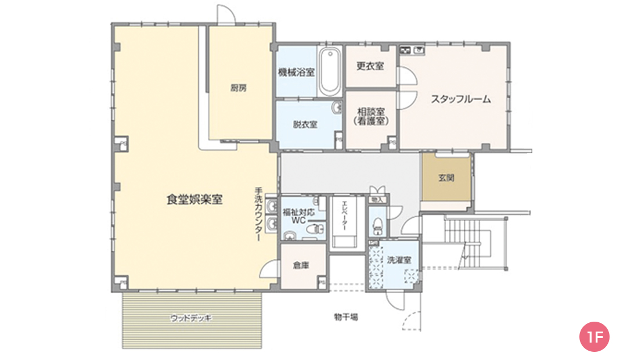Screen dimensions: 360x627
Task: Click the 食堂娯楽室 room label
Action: [195, 200]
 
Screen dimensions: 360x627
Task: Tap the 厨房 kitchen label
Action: [239, 88]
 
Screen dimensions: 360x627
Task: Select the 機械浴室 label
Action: [296, 72]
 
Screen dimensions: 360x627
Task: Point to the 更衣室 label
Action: [370, 66]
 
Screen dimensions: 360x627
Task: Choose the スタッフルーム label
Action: [460, 99]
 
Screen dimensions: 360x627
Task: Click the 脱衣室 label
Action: [305, 124]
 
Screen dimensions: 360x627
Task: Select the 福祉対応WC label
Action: [298, 217]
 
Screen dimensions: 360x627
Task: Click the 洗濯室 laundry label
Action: [399, 260]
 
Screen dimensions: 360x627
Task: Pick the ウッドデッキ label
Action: [192, 318]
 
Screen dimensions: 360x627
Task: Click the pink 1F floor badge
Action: [594, 336]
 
